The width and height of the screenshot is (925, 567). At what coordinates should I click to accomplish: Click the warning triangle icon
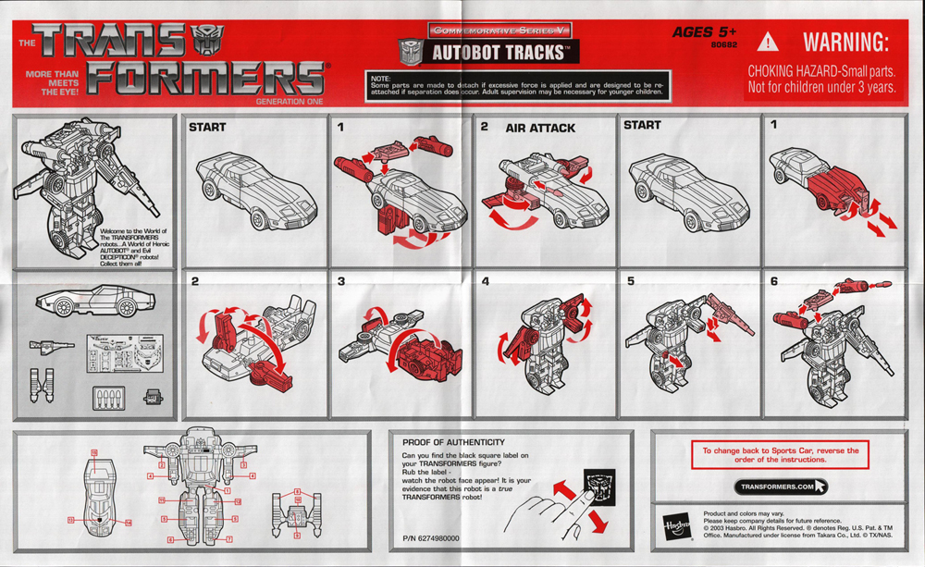(769, 43)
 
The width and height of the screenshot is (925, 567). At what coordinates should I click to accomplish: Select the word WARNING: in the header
(845, 43)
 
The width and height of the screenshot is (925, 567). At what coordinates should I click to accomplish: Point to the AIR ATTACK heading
(539, 128)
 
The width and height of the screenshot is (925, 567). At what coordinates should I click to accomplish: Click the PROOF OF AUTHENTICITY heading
(453, 442)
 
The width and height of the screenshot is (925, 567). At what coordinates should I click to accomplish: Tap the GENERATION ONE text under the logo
(289, 100)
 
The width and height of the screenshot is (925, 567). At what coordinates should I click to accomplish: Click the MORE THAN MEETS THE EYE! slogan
(52, 82)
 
